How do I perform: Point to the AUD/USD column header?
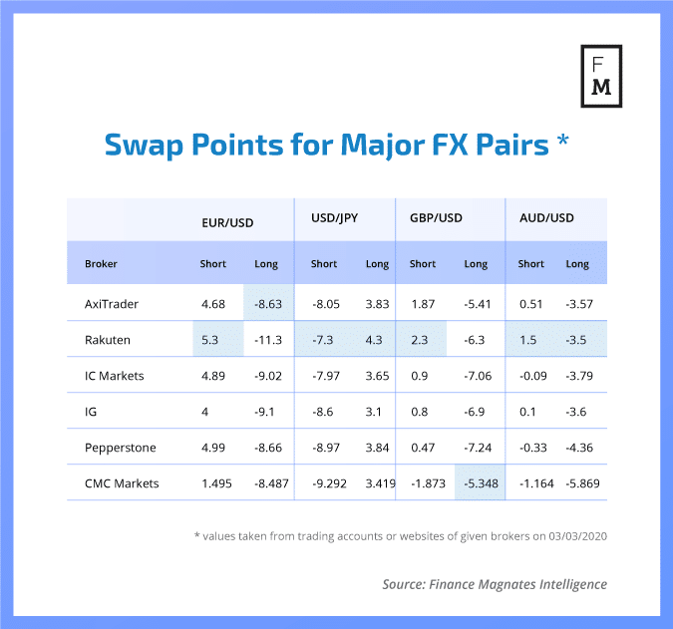tap(547, 217)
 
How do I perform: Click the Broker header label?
tap(102, 264)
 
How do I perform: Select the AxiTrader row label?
tap(112, 302)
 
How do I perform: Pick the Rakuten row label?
tap(107, 340)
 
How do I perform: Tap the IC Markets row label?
tap(115, 376)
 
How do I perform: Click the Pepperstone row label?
tap(119, 448)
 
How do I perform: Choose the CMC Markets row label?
tap(122, 484)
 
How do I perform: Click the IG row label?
tap(92, 412)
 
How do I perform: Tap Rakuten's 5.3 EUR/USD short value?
tap(210, 340)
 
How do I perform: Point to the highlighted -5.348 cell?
tap(477, 484)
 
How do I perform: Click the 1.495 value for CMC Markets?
tap(214, 484)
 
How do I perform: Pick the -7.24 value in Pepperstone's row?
tap(476, 448)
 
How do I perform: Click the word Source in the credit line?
tap(404, 584)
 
